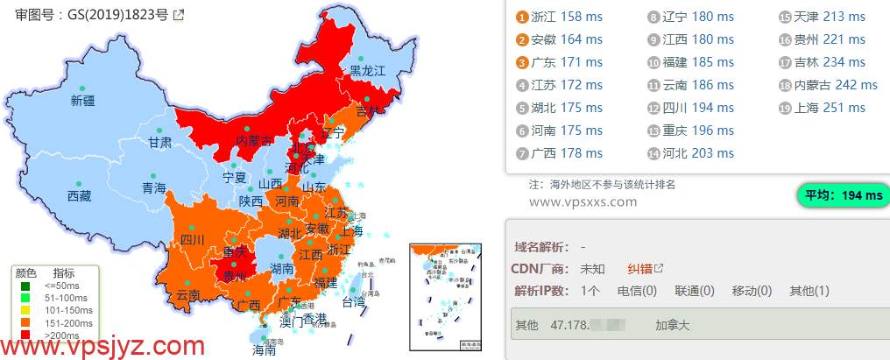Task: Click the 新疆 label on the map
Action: pyautogui.click(x=82, y=101)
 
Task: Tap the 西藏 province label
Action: pyautogui.click(x=79, y=196)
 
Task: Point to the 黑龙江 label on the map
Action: pyautogui.click(x=368, y=70)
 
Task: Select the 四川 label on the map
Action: pyautogui.click(x=192, y=239)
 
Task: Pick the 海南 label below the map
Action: pyautogui.click(x=264, y=349)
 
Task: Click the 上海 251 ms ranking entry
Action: pyautogui.click(x=831, y=108)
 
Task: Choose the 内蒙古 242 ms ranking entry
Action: pyautogui.click(x=837, y=85)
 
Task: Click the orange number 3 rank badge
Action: pyautogui.click(x=521, y=62)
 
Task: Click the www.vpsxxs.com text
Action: pyautogui.click(x=583, y=202)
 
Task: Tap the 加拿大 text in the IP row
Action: pyautogui.click(x=673, y=325)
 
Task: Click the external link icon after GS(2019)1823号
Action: pyautogui.click(x=179, y=15)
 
